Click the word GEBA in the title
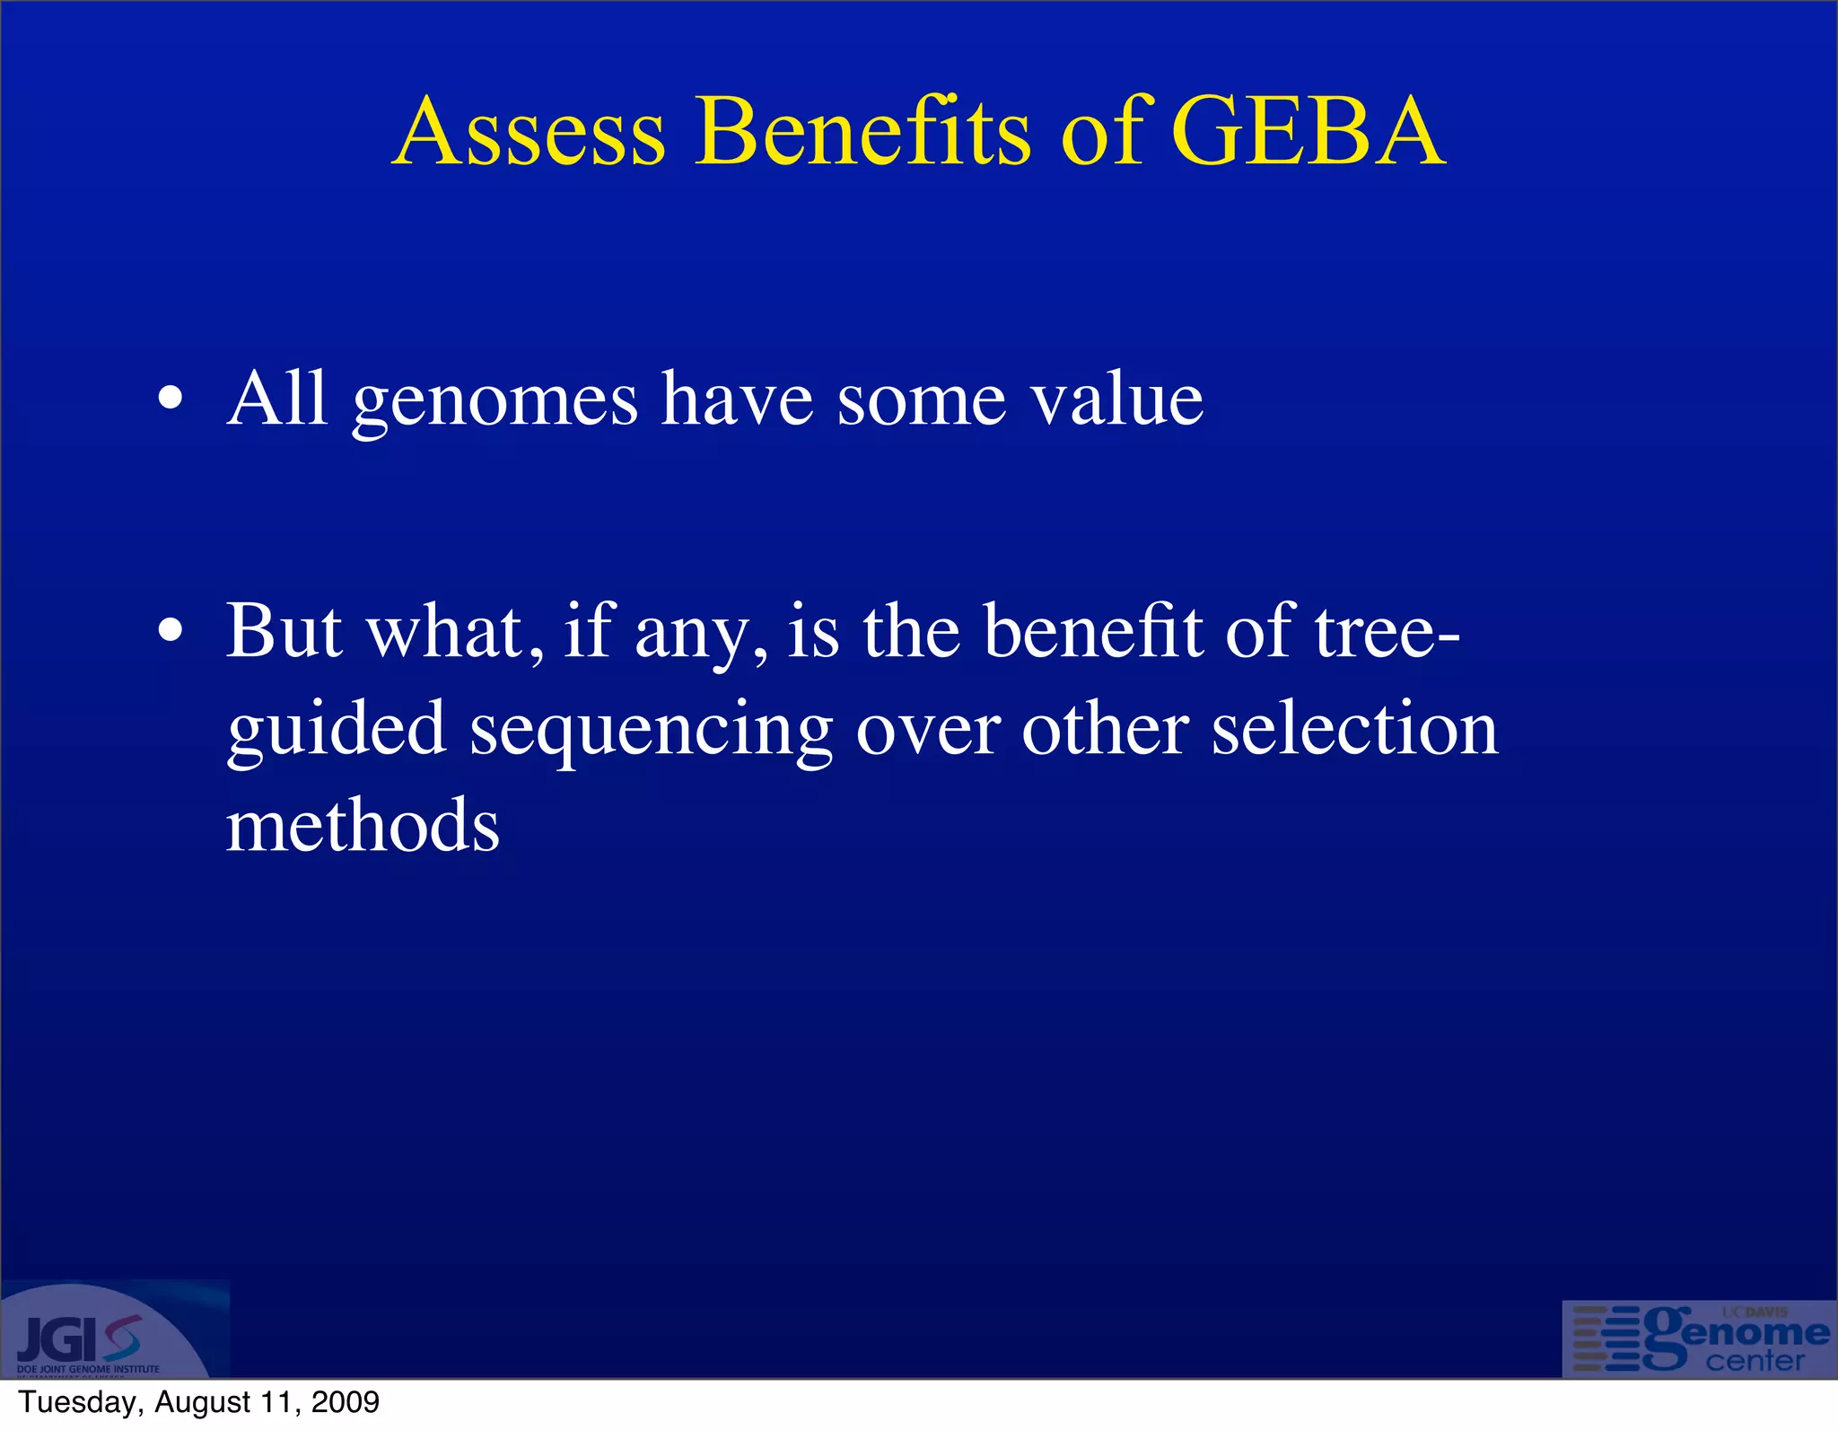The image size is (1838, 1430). (1308, 132)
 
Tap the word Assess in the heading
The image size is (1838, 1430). (529, 132)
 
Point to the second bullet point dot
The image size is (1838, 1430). (170, 630)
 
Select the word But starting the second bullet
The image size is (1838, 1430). (284, 630)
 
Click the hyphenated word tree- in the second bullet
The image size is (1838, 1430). (1387, 630)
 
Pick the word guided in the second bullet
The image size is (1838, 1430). (336, 730)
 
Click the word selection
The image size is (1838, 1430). (1355, 728)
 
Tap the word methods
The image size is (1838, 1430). (363, 825)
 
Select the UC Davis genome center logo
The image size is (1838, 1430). (1699, 1338)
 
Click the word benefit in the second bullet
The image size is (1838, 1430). (1092, 630)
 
